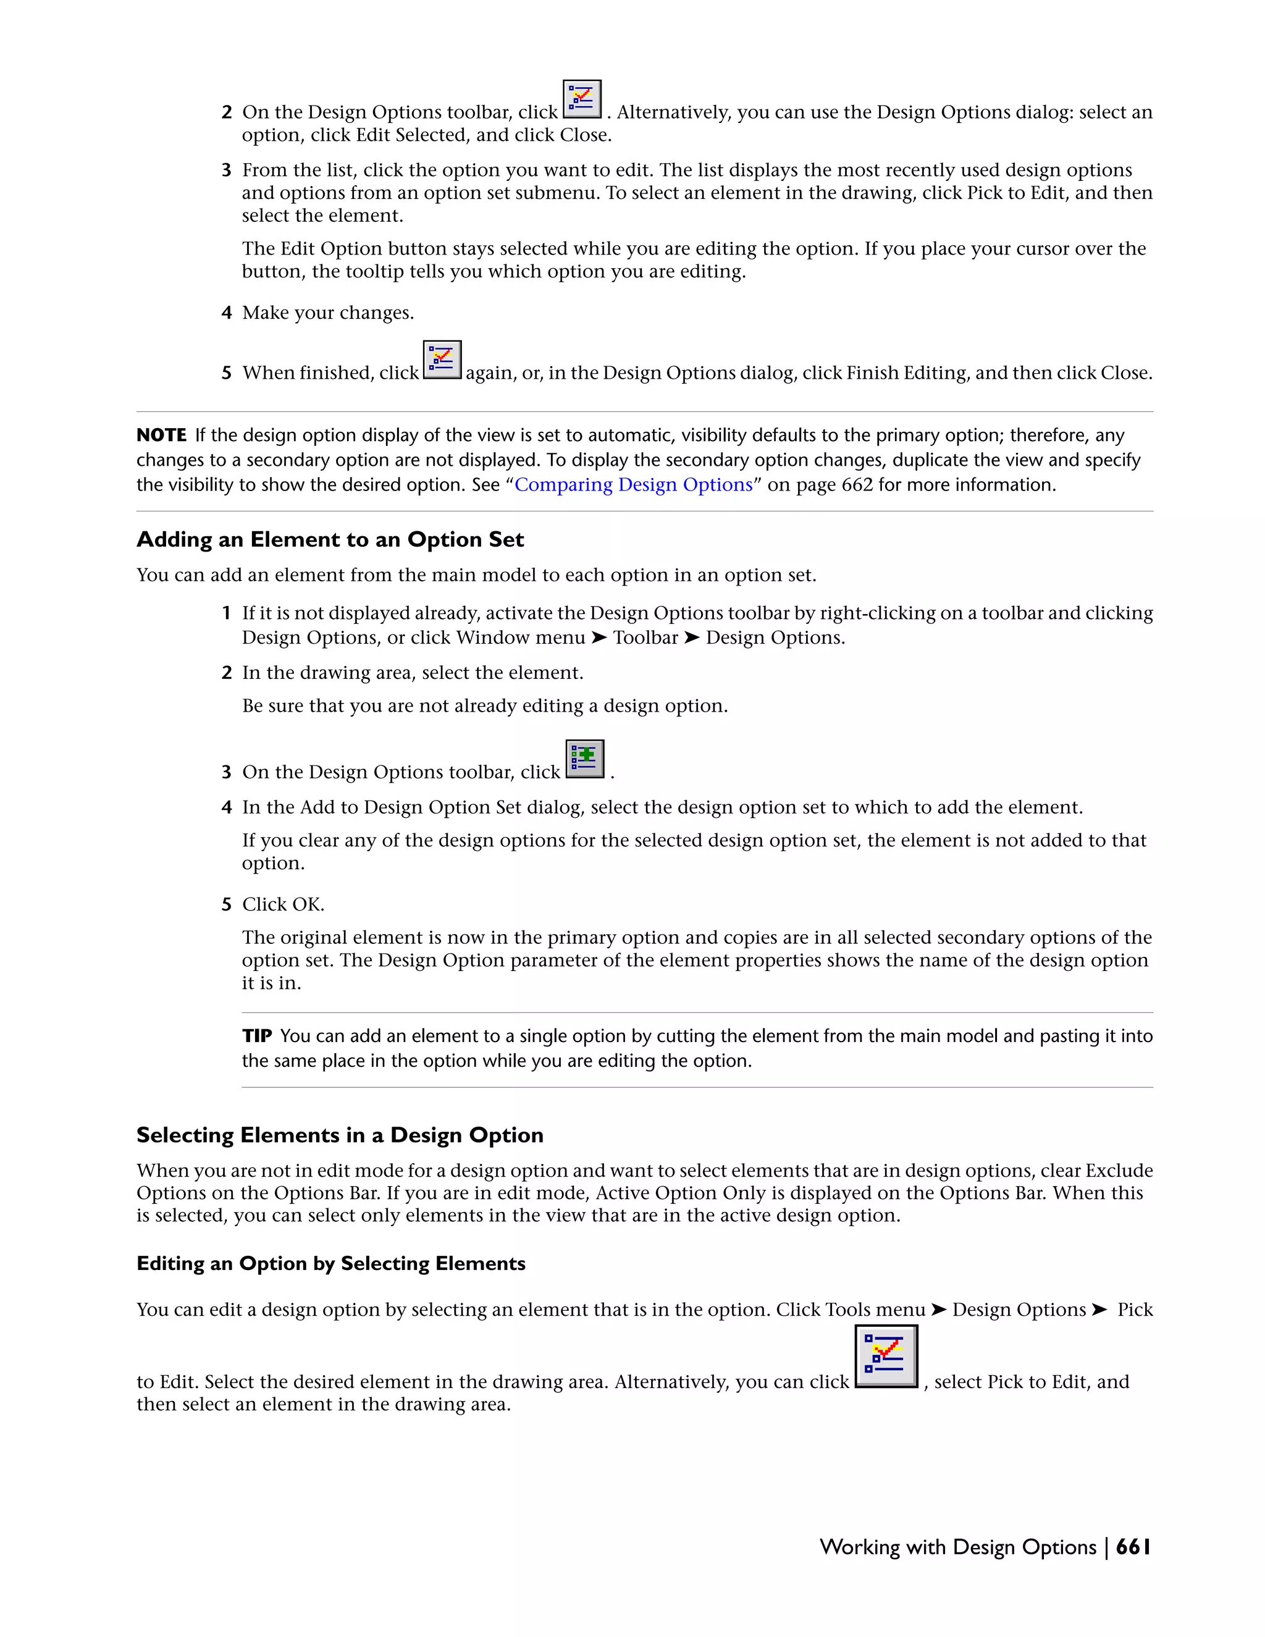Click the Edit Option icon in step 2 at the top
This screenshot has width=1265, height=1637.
[x=581, y=99]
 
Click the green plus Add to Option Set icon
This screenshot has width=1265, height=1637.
[x=584, y=759]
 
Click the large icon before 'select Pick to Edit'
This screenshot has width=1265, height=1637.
[x=886, y=1357]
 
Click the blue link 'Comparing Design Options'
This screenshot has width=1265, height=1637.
[x=633, y=485]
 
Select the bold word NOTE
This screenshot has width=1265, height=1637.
[x=161, y=436]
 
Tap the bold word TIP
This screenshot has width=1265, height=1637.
[x=256, y=1036]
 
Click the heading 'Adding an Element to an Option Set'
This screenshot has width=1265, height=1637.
[x=330, y=540]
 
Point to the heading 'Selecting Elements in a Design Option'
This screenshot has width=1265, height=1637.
[x=340, y=1135]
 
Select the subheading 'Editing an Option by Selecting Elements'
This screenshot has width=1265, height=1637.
[x=330, y=1264]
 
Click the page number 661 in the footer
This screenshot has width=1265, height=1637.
[x=1132, y=1547]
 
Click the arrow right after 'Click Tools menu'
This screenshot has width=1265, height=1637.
[x=938, y=1310]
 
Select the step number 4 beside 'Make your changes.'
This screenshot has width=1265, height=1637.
[x=226, y=313]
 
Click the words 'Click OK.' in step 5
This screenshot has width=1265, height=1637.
[x=282, y=905]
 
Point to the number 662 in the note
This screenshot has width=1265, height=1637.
[x=857, y=485]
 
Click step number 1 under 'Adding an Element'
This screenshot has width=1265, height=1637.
[x=226, y=613]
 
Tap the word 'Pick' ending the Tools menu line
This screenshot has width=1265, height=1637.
[x=1135, y=1310]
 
